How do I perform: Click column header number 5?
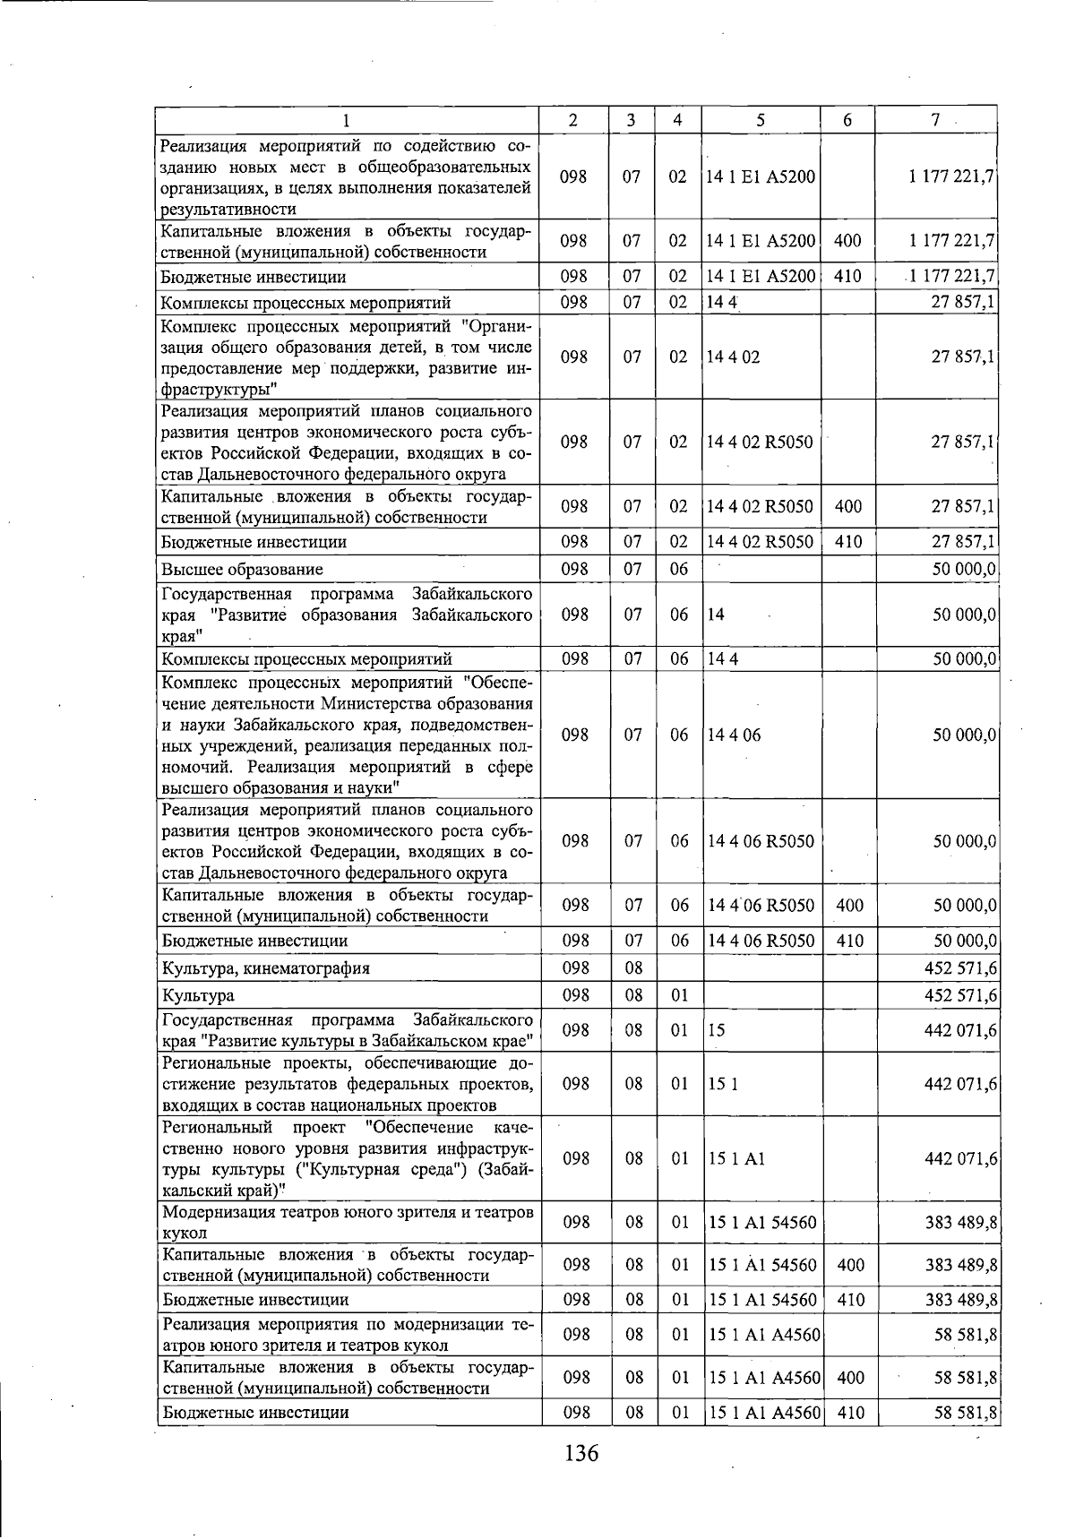tap(760, 120)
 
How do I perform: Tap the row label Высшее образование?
tap(243, 570)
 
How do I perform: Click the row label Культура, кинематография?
tap(266, 968)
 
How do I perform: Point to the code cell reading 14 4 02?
tap(733, 357)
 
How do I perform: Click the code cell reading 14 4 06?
tap(734, 735)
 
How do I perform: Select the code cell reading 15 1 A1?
tap(736, 1158)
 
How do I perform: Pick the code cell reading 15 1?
tap(722, 1084)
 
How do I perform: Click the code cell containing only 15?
tap(716, 1030)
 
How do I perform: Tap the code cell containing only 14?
tap(715, 615)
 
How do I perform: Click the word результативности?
tap(228, 210)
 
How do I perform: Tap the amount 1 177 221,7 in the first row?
tap(950, 177)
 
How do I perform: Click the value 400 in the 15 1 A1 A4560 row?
tap(849, 1378)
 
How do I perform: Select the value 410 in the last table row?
tap(849, 1413)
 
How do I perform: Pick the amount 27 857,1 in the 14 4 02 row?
tap(963, 357)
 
